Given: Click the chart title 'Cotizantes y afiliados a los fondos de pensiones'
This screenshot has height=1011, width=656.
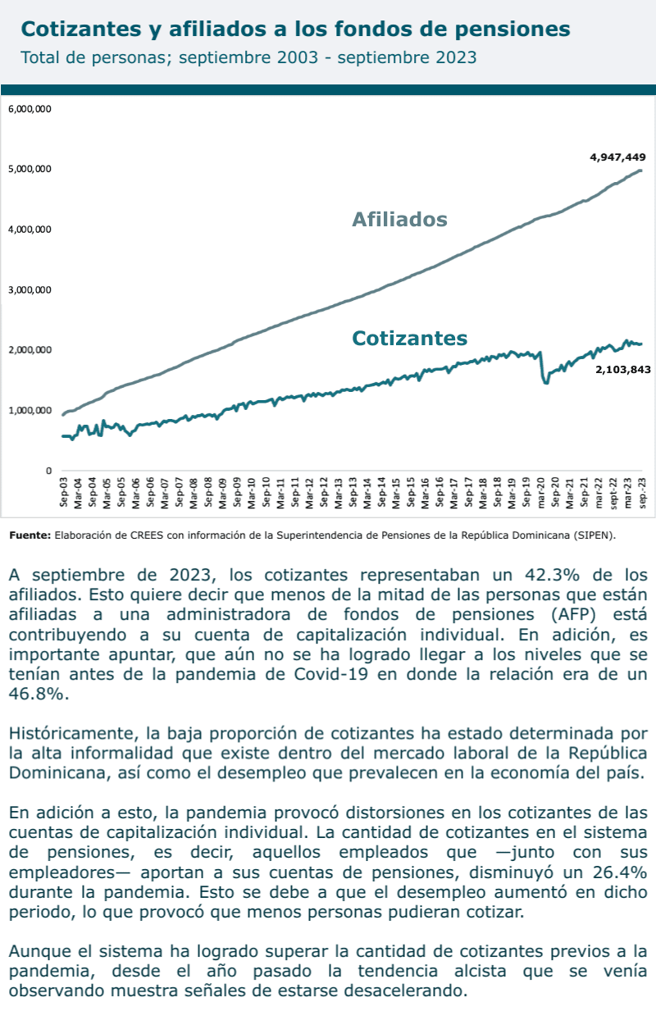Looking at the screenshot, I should pyautogui.click(x=295, y=30).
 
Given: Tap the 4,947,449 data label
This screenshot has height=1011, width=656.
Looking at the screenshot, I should pyautogui.click(x=617, y=157).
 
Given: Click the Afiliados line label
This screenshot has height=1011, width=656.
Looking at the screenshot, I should pyautogui.click(x=399, y=219).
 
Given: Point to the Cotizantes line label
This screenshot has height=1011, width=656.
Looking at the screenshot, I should pyautogui.click(x=409, y=338).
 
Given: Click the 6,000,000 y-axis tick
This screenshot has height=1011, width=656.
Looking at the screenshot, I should pyautogui.click(x=30, y=108).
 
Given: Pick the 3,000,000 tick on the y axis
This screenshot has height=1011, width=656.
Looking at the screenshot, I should pyautogui.click(x=30, y=289).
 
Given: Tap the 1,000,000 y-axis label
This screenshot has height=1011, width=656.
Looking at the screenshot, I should pyautogui.click(x=30, y=410).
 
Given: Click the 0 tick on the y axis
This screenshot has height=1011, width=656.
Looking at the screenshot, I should pyautogui.click(x=48, y=471).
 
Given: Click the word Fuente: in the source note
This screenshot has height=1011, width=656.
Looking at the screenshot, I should pyautogui.click(x=30, y=535).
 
